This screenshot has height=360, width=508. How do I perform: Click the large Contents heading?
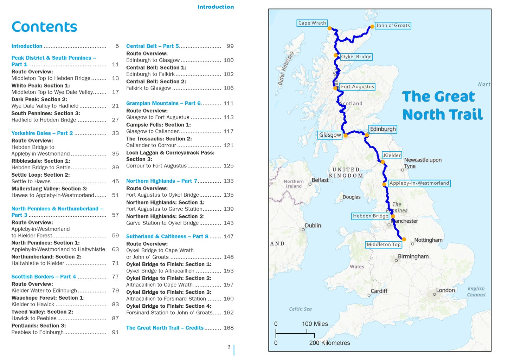pos(44,27)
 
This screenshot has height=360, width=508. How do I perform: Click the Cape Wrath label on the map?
pos(312,23)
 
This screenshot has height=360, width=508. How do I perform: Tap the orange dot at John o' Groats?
pos(372,27)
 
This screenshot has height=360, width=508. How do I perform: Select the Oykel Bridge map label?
pos(356,57)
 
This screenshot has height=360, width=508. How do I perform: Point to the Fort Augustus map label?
pos(357,87)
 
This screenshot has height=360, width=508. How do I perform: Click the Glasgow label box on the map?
pos(330,135)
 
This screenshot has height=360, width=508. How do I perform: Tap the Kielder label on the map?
pos(392,155)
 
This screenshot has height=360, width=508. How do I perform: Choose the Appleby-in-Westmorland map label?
pos(419,183)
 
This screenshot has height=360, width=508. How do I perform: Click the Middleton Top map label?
pos(384,245)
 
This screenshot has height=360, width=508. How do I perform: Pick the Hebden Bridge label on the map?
pos(370,216)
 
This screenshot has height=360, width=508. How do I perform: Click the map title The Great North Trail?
pos(442,106)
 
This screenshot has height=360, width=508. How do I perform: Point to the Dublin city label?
pos(313,225)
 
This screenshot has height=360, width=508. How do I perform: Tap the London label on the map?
pos(445,290)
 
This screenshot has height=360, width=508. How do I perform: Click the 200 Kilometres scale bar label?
pos(329,343)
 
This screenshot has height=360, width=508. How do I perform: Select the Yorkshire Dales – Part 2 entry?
pos(42,133)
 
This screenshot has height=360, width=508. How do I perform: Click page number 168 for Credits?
pos(229,328)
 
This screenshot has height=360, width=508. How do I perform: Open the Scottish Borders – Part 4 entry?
pos(44,277)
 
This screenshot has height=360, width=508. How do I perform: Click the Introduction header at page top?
pos(216,7)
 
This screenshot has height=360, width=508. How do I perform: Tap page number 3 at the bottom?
pos(229,347)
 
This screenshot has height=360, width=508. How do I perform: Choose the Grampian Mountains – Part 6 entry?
pos(163,104)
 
